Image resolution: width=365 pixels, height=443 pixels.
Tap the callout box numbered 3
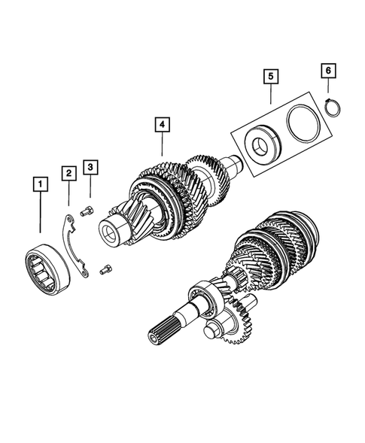tap(90, 166)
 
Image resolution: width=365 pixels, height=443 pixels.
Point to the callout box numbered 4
tap(162, 124)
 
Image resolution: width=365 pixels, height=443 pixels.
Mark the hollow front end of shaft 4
tap(114, 229)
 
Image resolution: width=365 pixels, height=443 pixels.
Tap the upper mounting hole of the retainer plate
tap(68, 220)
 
